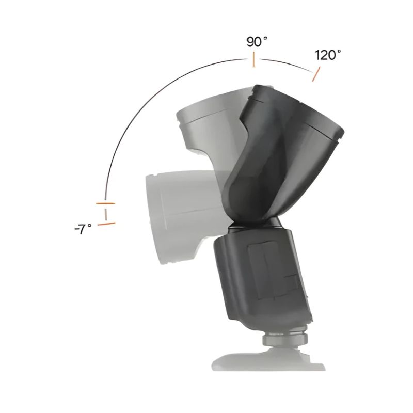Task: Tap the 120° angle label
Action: [328, 55]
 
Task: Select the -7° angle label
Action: [83, 229]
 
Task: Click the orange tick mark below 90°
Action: [253, 59]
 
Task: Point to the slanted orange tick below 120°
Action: [316, 74]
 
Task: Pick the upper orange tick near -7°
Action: [105, 203]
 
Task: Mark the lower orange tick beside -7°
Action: [106, 224]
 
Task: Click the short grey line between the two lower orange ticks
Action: [106, 214]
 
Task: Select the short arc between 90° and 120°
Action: [287, 64]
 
